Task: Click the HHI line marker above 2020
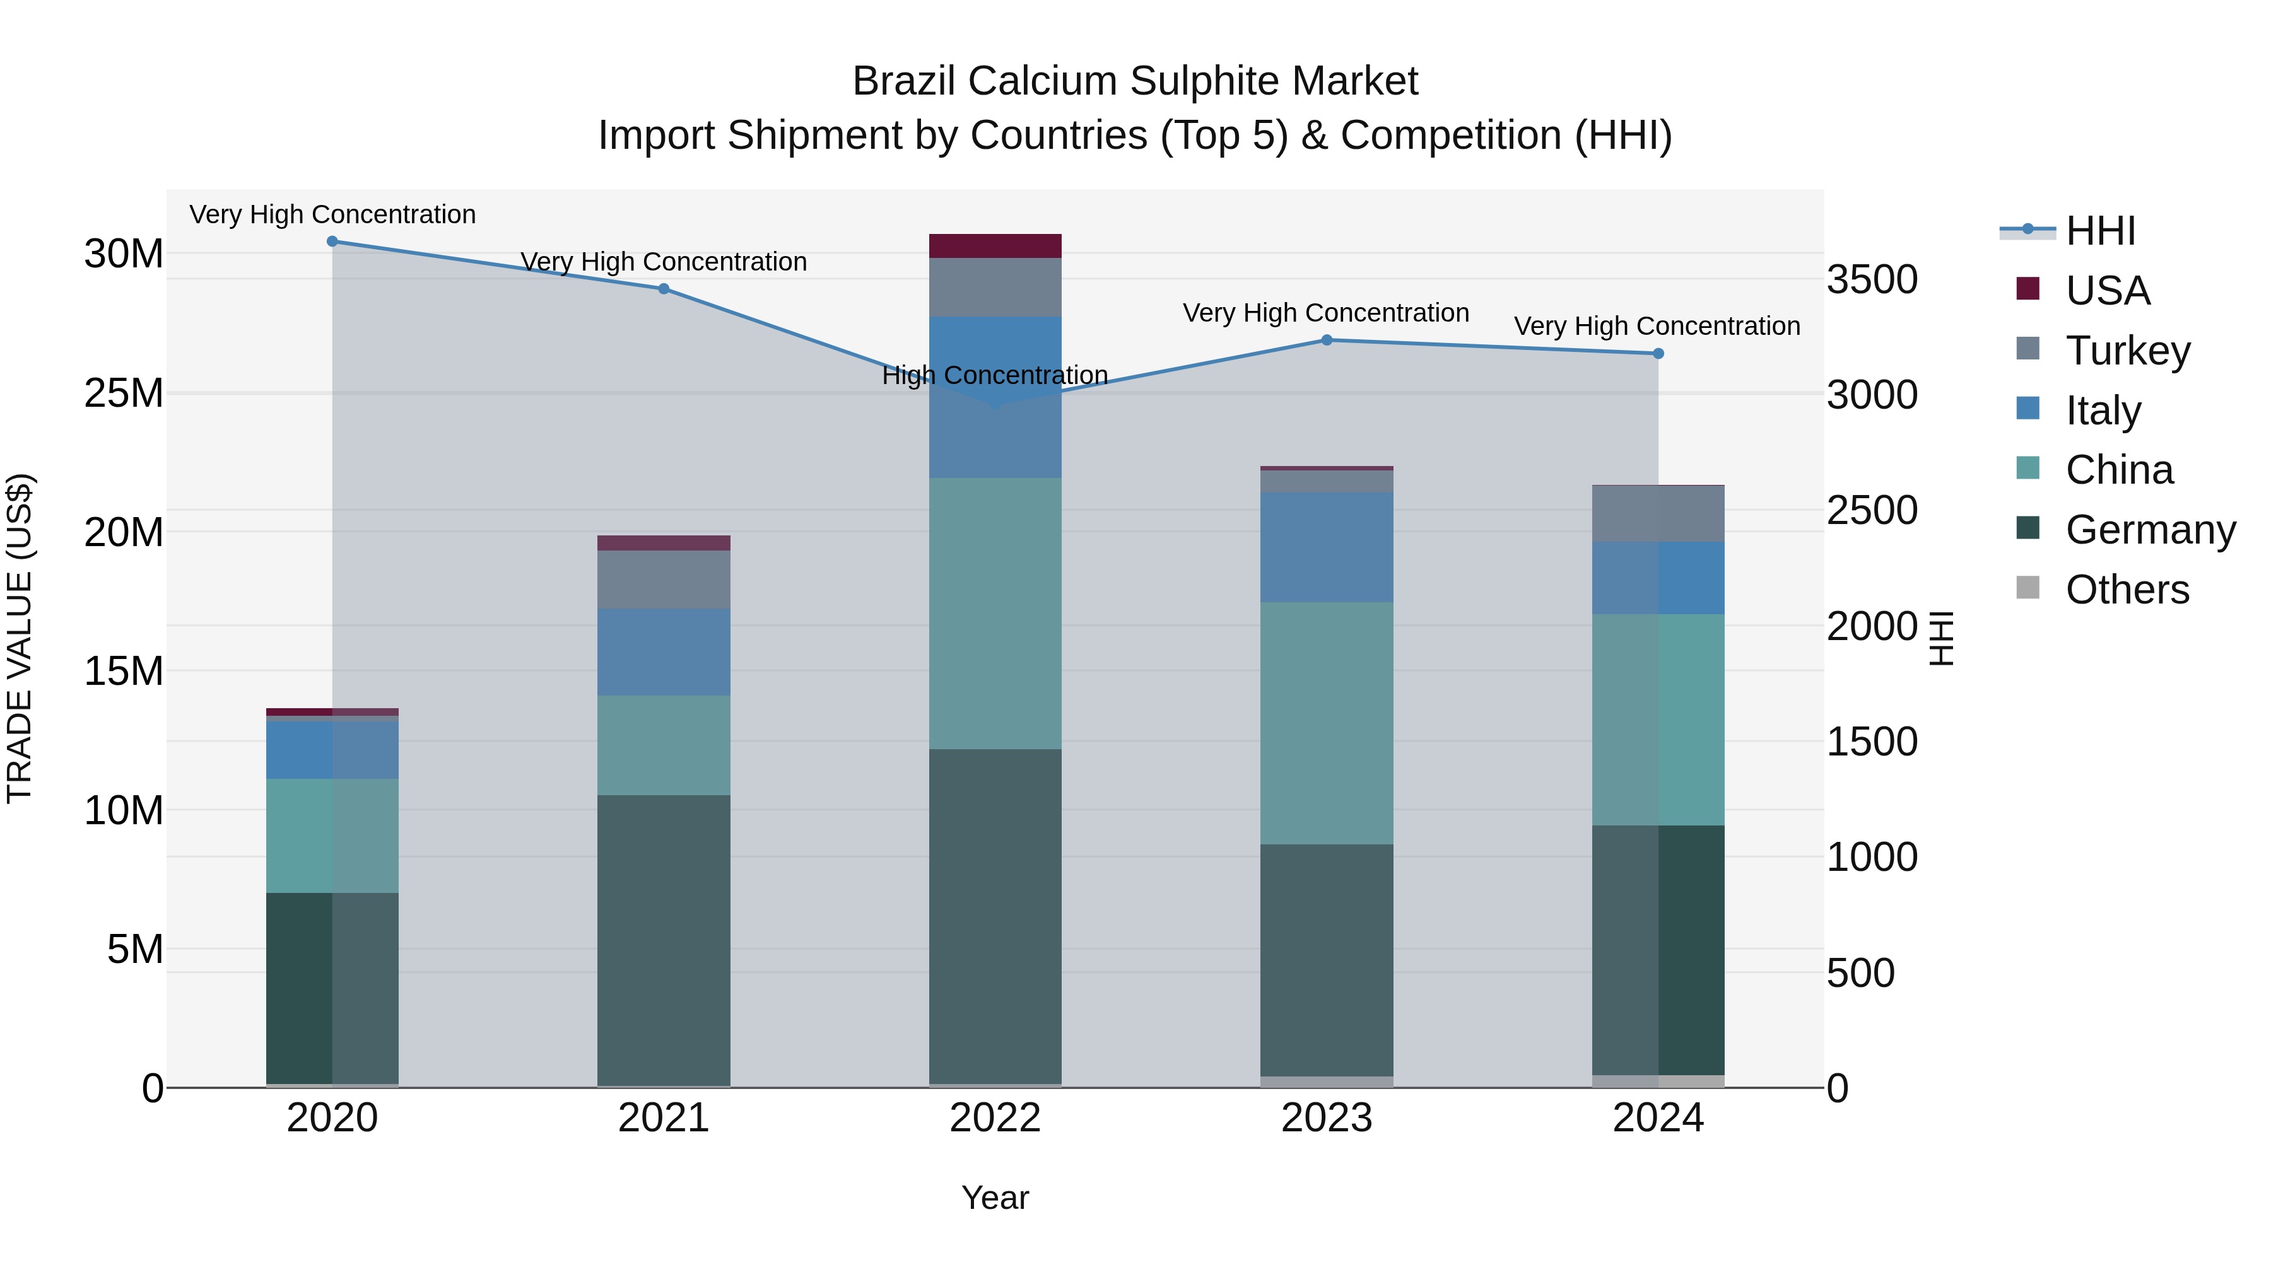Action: pyautogui.click(x=332, y=242)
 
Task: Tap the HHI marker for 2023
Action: pyautogui.click(x=1327, y=340)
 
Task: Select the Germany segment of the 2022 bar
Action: pyautogui.click(x=995, y=916)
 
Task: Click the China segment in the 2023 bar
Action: pyautogui.click(x=1327, y=723)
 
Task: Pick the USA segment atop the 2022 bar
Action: pyautogui.click(x=995, y=246)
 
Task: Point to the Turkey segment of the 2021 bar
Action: pyautogui.click(x=664, y=579)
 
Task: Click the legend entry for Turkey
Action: pyautogui.click(x=2127, y=350)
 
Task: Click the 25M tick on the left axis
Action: pyautogui.click(x=124, y=393)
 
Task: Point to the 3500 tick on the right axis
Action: pyautogui.click(x=1872, y=280)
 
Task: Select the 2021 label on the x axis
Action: pyautogui.click(x=664, y=1118)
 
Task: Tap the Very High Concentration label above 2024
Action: pyautogui.click(x=1657, y=326)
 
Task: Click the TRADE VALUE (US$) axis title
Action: pyautogui.click(x=20, y=638)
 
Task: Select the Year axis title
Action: pyautogui.click(x=995, y=1198)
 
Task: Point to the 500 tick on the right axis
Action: pyautogui.click(x=1860, y=974)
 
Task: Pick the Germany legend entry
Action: pyautogui.click(x=2149, y=530)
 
